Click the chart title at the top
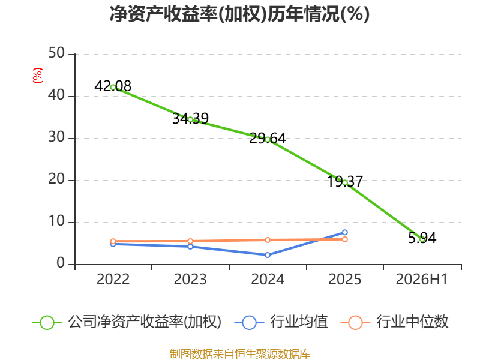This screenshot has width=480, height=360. tap(239, 14)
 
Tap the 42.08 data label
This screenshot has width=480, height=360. tap(113, 86)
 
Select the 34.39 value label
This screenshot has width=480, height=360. tap(190, 118)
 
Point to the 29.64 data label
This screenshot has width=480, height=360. tap(268, 139)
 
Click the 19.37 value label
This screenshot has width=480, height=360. tap(345, 182)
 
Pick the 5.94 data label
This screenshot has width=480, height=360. tap(422, 238)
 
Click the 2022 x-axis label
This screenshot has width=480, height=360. tap(113, 279)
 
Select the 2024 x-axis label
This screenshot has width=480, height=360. tap(268, 279)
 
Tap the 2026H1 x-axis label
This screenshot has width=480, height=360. tap(422, 279)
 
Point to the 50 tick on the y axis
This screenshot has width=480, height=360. tap(56, 53)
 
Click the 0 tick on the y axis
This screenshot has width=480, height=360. tap(61, 263)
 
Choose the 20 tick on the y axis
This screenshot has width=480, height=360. tap(56, 179)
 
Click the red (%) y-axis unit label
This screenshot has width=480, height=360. tap(38, 76)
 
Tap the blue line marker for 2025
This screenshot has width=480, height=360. tap(344, 232)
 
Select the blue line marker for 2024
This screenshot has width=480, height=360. tap(268, 255)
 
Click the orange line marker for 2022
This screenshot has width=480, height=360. tap(113, 241)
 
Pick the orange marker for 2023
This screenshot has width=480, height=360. tap(190, 241)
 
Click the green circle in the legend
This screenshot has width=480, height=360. tap(47, 323)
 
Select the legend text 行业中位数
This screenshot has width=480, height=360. tap(412, 322)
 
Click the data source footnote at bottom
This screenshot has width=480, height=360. tap(240, 354)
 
